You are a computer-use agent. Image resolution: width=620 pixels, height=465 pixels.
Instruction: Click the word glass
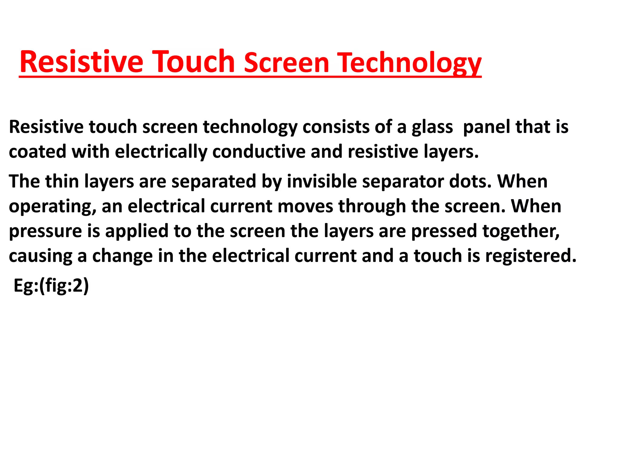[x=432, y=127]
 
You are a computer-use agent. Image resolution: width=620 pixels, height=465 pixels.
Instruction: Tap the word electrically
[x=161, y=152]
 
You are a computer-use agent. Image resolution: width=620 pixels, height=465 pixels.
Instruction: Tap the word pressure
[x=45, y=232]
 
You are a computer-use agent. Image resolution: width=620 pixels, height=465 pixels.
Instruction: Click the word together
[x=521, y=232]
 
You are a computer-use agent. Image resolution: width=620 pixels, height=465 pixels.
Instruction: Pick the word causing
[x=41, y=256]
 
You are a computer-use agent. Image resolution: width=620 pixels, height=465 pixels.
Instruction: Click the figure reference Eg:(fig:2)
[x=51, y=285]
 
